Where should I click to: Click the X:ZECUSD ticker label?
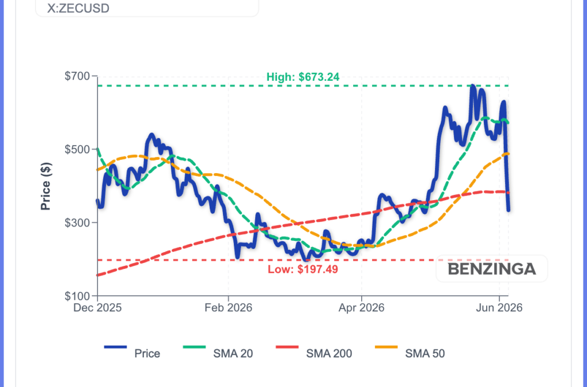(x=78, y=8)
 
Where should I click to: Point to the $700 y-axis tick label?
(x=77, y=76)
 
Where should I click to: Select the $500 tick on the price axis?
(x=77, y=150)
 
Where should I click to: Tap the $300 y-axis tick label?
(x=77, y=223)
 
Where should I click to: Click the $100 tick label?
(x=77, y=296)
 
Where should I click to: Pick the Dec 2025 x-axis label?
(x=97, y=308)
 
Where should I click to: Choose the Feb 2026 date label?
(x=228, y=308)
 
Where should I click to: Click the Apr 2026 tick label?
(x=362, y=308)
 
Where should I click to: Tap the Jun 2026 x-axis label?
(x=499, y=308)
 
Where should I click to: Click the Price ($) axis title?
(x=46, y=186)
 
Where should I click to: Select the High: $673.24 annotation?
(x=303, y=77)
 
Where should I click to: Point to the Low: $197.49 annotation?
(x=303, y=269)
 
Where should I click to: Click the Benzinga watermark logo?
(x=492, y=269)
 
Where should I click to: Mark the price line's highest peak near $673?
(x=473, y=87)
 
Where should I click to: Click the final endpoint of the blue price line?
(x=508, y=210)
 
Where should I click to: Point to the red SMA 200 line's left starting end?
(x=97, y=275)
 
